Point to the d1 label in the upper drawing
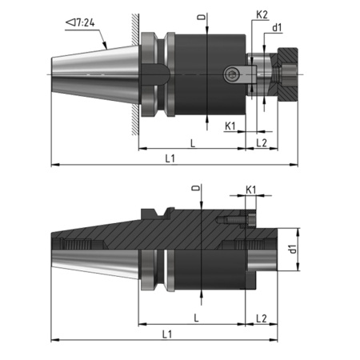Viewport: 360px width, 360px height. (x=278, y=29)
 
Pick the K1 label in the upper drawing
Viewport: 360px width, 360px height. (x=230, y=126)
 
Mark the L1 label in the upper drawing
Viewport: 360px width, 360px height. (x=170, y=158)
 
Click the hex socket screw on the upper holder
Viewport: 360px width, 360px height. (x=233, y=74)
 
